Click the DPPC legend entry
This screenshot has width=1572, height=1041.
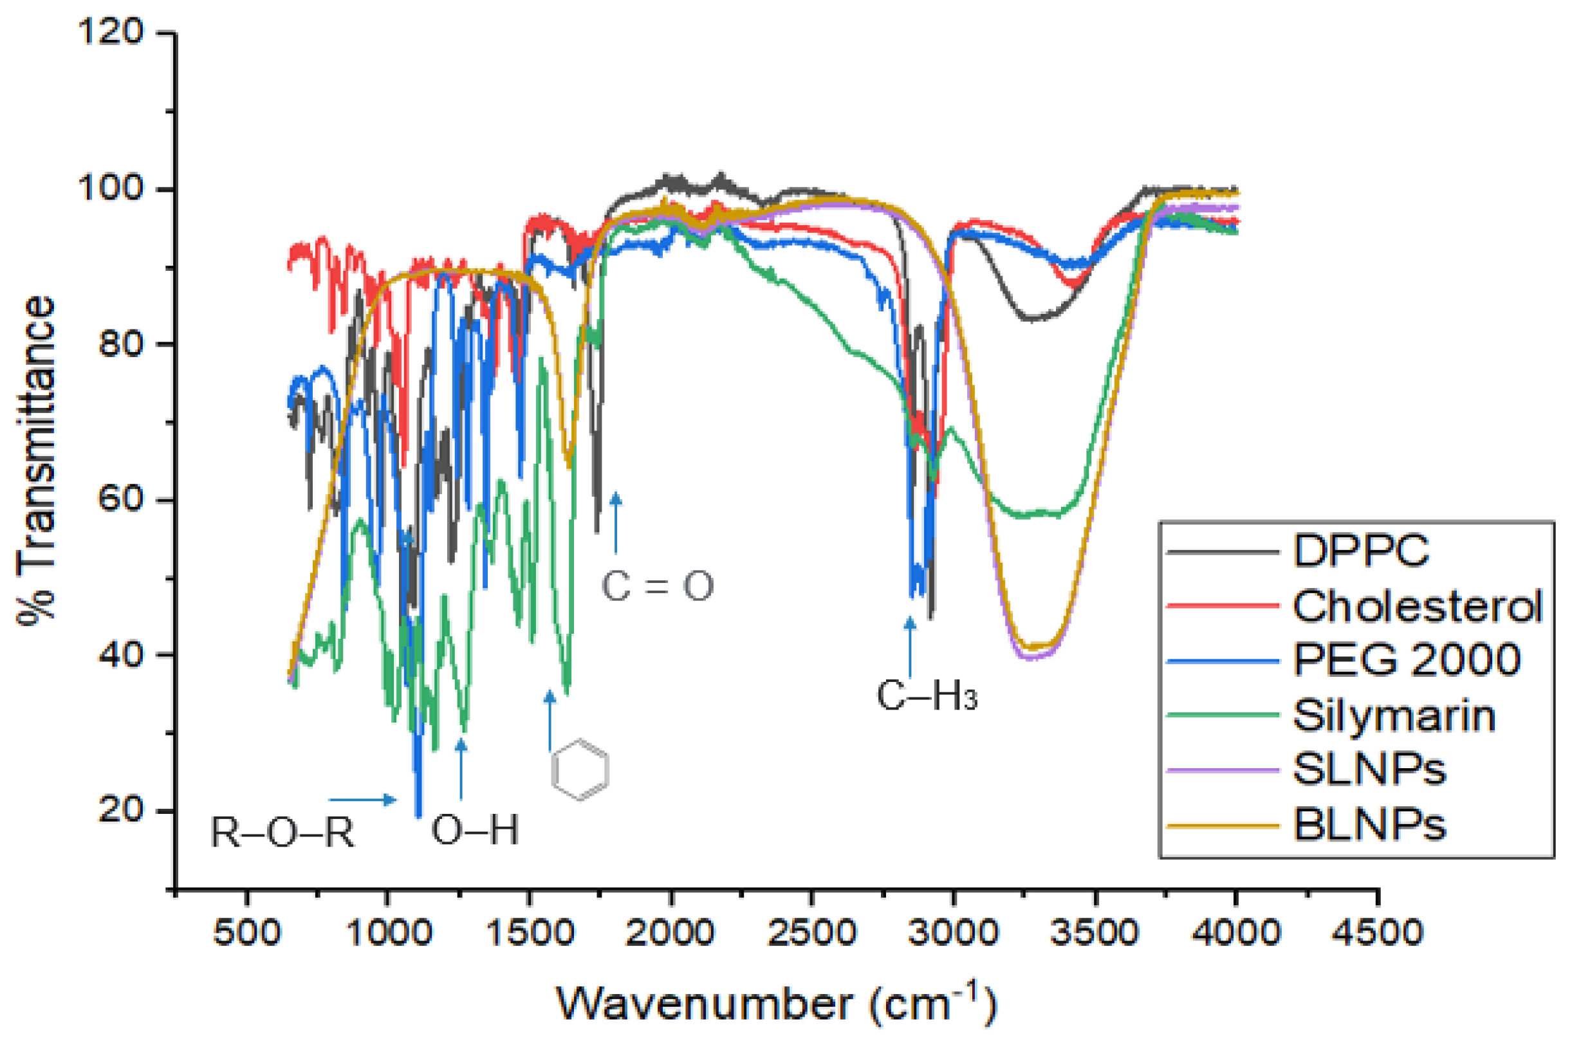1360,550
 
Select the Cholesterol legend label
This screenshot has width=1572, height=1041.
1418,605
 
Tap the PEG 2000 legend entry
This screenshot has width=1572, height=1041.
1407,660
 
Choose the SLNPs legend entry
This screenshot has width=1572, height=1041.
1369,770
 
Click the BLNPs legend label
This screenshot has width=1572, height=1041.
1369,826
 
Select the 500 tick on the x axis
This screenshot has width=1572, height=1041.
247,933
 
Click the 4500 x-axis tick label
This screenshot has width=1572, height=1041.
1378,933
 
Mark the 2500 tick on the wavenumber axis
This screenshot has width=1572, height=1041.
811,933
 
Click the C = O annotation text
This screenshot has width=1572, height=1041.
657,586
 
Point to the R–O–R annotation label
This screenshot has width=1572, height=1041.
282,832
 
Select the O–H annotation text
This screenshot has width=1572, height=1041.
475,830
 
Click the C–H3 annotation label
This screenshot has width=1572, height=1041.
927,696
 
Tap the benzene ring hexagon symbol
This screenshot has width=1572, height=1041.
580,769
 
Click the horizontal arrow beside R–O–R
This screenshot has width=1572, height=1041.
362,800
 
